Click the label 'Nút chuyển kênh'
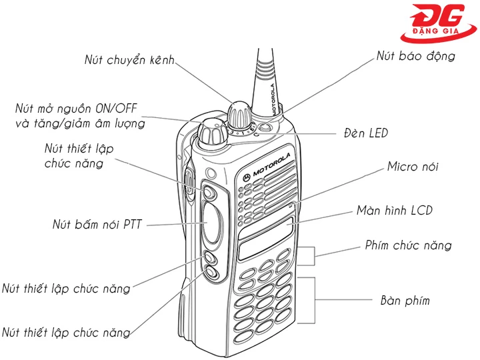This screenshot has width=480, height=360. [x=129, y=60]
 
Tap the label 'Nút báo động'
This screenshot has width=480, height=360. [x=415, y=56]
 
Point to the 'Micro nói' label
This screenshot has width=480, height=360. [x=413, y=167]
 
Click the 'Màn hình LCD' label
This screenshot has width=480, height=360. [x=394, y=211]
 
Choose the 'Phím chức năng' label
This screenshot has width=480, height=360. [x=408, y=245]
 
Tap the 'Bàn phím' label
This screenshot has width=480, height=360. [x=405, y=301]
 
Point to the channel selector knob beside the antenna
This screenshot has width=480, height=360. [x=239, y=115]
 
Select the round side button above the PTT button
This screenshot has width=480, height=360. [x=210, y=193]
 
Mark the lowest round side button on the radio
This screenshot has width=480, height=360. [x=211, y=273]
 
